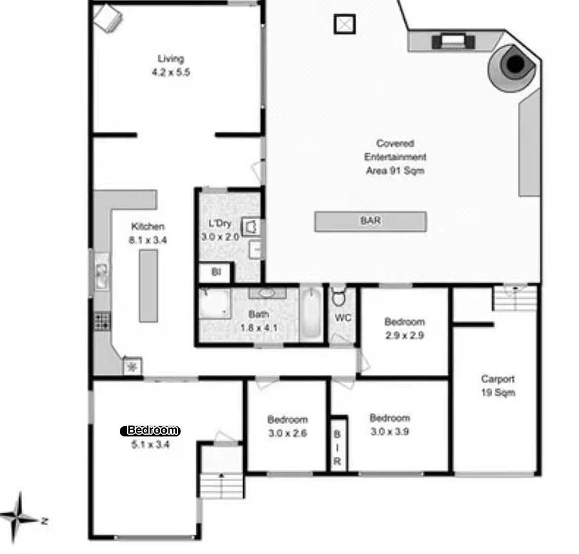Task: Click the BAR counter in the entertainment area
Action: [370, 222]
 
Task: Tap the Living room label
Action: [171, 59]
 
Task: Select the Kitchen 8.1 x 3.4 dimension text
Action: [148, 240]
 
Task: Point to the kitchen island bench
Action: [149, 285]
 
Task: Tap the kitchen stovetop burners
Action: [102, 321]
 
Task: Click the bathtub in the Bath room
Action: [311, 313]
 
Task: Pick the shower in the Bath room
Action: [215, 304]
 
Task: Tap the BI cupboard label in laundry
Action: [216, 272]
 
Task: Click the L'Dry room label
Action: [220, 223]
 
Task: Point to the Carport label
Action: [498, 379]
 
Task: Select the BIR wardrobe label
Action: [337, 448]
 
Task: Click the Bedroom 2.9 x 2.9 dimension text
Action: [405, 335]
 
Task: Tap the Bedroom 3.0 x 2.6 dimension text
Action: [288, 434]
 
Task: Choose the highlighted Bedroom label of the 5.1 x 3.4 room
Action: [150, 430]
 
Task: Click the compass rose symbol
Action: [19, 518]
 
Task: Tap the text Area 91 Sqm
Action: [395, 171]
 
